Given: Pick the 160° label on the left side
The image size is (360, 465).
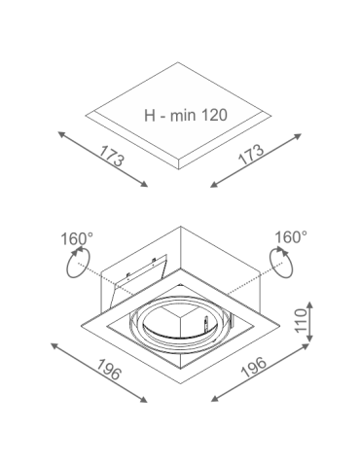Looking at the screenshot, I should [x=76, y=236].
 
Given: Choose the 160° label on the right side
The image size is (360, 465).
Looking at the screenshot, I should [x=290, y=236].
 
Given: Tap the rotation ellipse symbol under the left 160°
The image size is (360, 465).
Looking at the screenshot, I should [x=77, y=263].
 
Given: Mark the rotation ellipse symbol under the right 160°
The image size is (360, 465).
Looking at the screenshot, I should [x=283, y=263].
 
